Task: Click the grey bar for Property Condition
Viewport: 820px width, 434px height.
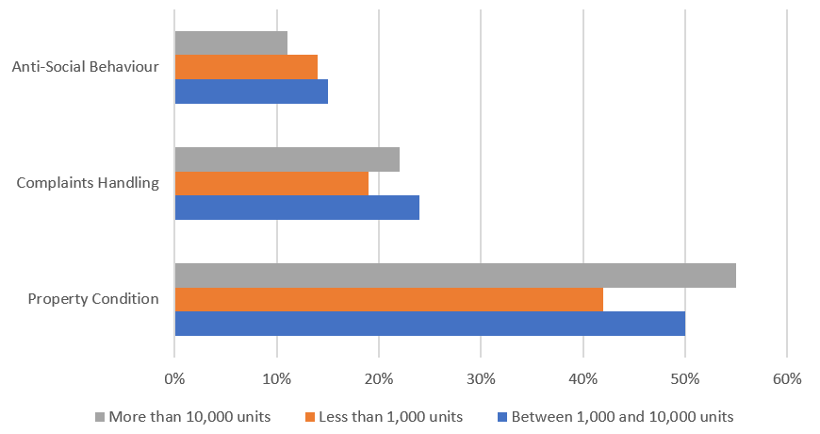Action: (455, 275)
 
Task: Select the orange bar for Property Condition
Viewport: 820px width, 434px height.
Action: (388, 299)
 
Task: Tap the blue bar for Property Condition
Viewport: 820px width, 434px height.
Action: (430, 323)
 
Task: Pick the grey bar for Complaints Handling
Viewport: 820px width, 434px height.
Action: (287, 159)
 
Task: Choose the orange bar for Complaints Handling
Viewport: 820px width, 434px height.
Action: (271, 183)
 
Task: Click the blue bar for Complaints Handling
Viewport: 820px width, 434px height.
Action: (297, 207)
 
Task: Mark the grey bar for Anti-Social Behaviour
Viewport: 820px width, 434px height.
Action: (231, 43)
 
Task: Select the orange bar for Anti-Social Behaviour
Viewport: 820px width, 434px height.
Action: (246, 67)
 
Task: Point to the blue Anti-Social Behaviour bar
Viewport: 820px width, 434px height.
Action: (252, 91)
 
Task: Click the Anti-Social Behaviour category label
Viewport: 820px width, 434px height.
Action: (85, 67)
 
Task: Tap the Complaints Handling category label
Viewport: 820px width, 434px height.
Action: (88, 183)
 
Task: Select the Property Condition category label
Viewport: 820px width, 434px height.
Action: (93, 299)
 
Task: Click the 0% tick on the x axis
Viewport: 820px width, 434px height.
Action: (174, 379)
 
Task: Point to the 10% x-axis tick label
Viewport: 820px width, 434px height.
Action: (276, 379)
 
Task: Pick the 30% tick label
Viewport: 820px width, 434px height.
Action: (481, 379)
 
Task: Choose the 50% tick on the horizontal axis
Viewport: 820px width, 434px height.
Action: (685, 379)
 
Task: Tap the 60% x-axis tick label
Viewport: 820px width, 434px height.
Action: (787, 379)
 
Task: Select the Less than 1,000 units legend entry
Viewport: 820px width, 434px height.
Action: (383, 416)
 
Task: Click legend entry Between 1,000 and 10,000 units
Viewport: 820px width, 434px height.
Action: (615, 416)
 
